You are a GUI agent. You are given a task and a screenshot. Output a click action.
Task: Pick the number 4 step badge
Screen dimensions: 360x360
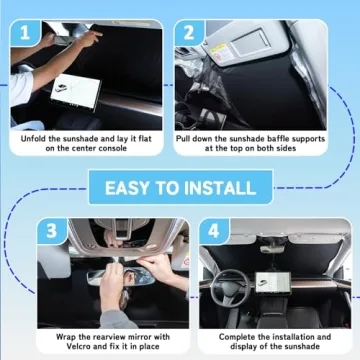[211, 229]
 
